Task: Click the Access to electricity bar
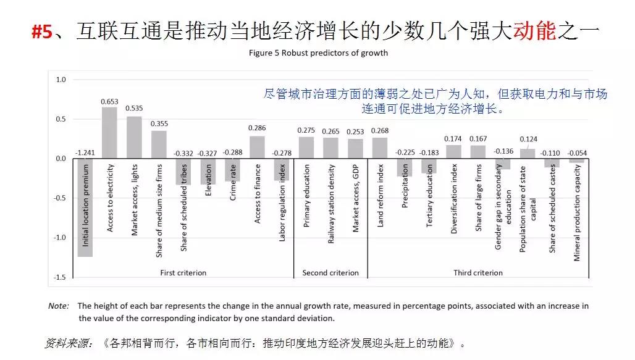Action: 109,133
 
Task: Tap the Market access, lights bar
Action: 134,137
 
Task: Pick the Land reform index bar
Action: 380,148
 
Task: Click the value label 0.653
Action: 110,101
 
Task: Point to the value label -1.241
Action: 85,152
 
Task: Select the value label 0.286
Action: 257,128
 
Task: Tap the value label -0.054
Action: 577,152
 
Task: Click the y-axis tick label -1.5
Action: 61,277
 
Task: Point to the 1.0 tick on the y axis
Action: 61,80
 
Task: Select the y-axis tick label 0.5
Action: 61,119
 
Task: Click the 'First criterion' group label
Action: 183,272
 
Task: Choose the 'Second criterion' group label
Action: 330,272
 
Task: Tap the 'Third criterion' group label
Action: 478,272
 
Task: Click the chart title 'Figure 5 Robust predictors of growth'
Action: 318,52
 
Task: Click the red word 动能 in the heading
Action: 535,31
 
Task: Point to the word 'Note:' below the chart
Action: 59,306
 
